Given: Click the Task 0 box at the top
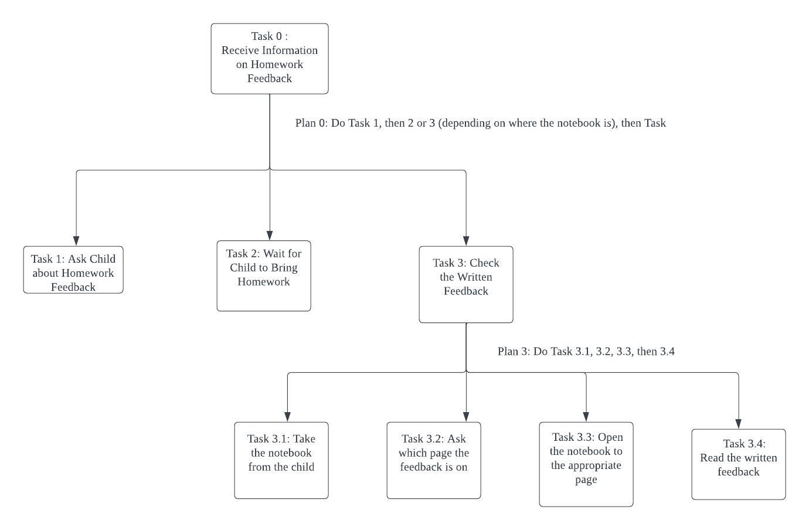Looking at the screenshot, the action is [270, 59].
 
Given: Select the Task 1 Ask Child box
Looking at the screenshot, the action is [73, 270].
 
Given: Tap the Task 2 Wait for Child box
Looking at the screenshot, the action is [264, 276].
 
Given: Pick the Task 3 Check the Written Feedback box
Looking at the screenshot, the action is [466, 285].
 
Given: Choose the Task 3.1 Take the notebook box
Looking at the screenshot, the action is [281, 460].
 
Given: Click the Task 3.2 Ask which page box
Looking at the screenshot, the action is [434, 460].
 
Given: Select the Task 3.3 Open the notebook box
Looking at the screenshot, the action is [586, 464].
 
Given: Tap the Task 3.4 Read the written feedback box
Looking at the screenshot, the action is [739, 464].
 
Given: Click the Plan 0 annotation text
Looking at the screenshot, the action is [480, 123].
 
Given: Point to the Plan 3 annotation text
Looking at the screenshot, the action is [586, 351].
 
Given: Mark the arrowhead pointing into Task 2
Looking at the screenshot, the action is [270, 236].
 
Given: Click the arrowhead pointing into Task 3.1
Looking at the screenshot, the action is [287, 417].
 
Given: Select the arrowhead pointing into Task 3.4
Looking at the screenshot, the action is [739, 424].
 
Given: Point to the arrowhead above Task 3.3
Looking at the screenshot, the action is [586, 417].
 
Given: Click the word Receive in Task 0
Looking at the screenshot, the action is [240, 50].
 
